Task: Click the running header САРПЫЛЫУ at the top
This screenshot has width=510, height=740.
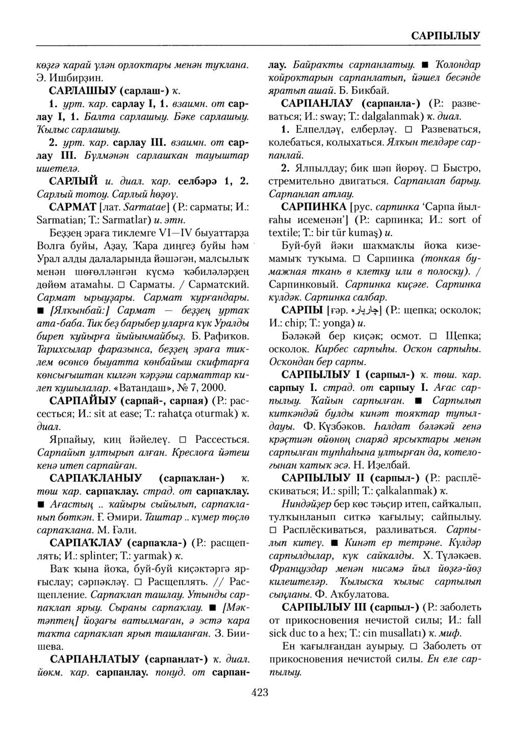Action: point(445,36)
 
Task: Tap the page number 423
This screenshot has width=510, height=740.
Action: point(260,692)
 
